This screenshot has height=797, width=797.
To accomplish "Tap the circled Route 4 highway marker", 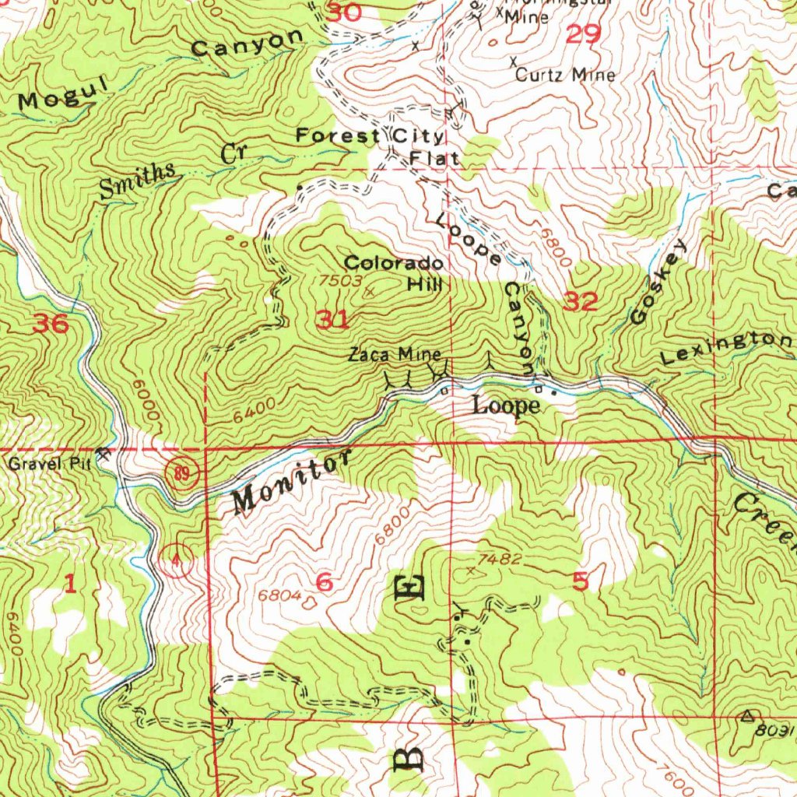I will [x=178, y=557].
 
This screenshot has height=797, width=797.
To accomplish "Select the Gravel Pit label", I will [x=50, y=465].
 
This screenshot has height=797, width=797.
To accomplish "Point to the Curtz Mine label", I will [x=565, y=75].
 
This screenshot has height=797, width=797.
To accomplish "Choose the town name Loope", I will [x=507, y=406].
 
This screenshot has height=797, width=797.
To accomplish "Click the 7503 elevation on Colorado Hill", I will [x=338, y=279].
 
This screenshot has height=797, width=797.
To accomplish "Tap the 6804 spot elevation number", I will [x=279, y=595].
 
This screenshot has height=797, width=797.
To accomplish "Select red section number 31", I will [x=332, y=319].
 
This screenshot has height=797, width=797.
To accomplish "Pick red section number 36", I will [x=51, y=324].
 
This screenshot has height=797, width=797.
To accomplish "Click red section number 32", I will [x=581, y=302].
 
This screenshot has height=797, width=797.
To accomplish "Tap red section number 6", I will [x=325, y=581].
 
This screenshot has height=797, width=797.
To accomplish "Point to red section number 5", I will [x=580, y=580].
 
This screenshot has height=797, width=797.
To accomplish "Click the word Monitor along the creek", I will [x=288, y=483].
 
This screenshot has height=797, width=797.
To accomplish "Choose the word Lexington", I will [x=725, y=347].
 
